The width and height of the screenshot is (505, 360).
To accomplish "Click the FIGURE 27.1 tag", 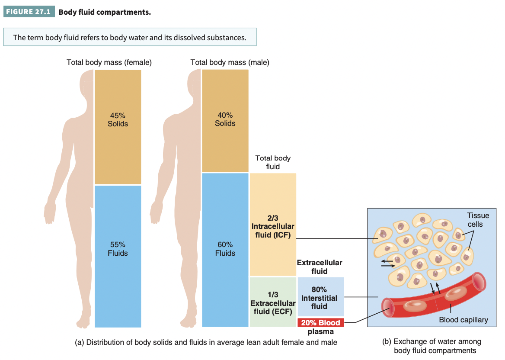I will coord(29,12).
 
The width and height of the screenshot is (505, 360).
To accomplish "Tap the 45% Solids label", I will coord(118,120).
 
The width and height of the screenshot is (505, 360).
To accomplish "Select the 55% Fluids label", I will coord(118,249).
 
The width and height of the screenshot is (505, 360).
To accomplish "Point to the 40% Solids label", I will coord(225,119).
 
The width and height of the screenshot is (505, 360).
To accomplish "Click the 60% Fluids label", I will coord(225,249).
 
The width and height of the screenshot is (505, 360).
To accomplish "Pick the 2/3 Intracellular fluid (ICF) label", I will coord(273,226).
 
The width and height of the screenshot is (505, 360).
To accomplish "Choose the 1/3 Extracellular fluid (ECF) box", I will coord(273,302).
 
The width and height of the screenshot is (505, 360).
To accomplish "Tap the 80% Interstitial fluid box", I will coord(321,297).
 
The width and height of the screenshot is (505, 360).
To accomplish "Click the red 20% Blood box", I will coord(320,323).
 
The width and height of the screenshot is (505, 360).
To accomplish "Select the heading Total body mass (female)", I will coord(109,62).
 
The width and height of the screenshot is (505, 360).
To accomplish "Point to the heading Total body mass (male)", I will coord(230,62).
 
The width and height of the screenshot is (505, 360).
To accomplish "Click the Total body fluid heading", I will coord(273,162).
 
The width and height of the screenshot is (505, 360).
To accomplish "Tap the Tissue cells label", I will coord(478,220).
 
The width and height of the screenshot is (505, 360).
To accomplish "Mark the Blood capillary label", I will coord(463,320).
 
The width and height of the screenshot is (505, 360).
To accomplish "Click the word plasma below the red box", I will coord(320,332).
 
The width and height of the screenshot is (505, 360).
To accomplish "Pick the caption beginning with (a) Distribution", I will coord(206,342).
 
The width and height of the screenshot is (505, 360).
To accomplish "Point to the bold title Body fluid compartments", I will coord(105,12).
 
